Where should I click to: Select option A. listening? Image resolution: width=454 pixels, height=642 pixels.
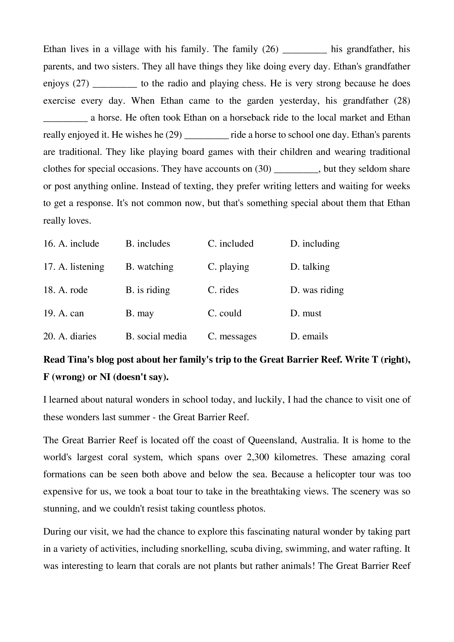[81, 267]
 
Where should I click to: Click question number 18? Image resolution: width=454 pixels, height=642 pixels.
[49, 290]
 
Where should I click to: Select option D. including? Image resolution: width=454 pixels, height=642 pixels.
[315, 244]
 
